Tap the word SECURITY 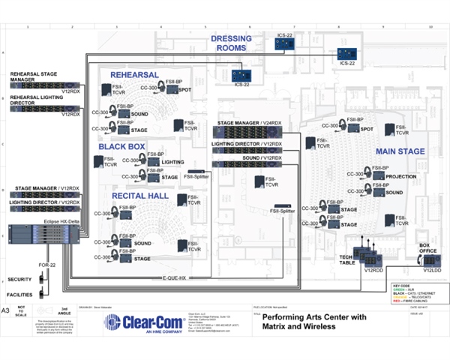coord(21,277)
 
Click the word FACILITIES coord(22,295)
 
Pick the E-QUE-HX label coord(173,277)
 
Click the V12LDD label coord(431,268)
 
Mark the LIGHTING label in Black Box coord(173,161)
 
